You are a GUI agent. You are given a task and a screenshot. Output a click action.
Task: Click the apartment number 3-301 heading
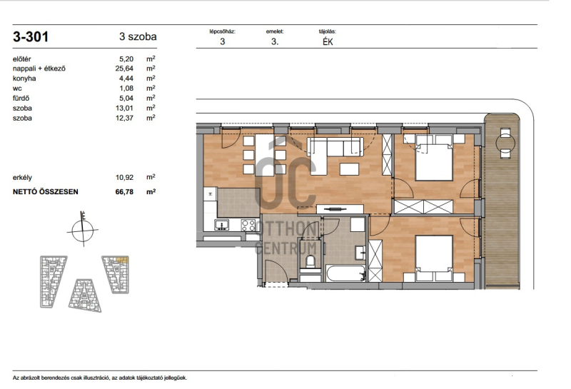[31, 37]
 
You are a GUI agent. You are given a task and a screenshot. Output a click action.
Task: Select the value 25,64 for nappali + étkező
[124, 69]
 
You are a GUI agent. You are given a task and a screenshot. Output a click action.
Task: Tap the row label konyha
[24, 79]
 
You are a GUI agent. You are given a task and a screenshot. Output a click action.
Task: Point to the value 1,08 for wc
[126, 88]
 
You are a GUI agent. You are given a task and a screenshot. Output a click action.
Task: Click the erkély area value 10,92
[124, 178]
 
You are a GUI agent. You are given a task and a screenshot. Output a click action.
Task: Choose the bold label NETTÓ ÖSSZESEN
[46, 191]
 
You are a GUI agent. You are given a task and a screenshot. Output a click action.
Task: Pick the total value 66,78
[124, 191]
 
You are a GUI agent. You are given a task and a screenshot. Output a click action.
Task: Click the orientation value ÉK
[328, 42]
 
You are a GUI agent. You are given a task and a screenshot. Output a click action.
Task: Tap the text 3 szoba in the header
[138, 36]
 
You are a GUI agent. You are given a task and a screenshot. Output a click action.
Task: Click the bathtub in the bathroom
[346, 273]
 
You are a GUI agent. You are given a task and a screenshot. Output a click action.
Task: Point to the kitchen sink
[222, 225]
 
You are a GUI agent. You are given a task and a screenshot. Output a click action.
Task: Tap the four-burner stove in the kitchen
[248, 225]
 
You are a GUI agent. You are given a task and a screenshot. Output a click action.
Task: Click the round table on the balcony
[505, 143]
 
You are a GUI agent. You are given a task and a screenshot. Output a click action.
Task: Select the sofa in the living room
[335, 147]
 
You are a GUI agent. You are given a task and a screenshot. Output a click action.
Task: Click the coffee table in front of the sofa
[349, 168]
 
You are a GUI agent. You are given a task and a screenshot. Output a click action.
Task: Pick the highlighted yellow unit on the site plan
[122, 260]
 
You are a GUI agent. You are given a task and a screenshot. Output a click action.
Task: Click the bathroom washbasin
[360, 252]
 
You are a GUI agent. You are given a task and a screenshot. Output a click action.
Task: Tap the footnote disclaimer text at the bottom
[100, 378]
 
